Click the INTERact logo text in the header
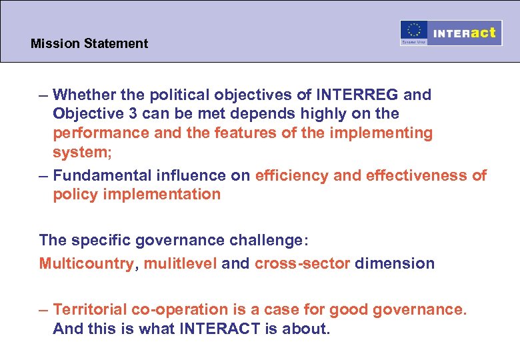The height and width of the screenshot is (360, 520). click(465, 33)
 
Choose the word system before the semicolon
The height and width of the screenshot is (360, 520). click(75, 153)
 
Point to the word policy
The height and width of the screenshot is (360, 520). click(73, 195)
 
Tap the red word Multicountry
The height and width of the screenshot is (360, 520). click(86, 263)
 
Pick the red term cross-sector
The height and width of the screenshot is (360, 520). click(302, 263)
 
